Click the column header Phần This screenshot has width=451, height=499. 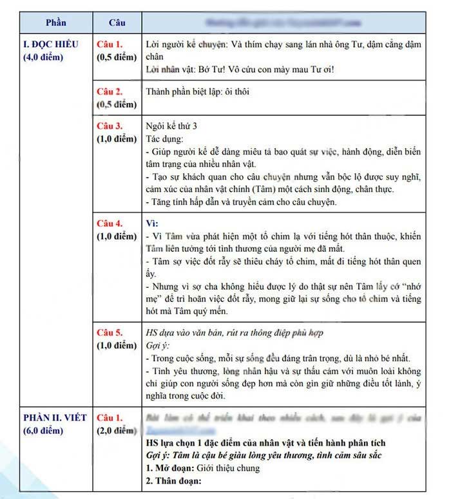pos(56,23)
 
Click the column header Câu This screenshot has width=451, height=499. pos(117,23)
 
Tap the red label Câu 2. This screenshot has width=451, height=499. pos(110,91)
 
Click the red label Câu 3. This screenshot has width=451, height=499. pos(110,126)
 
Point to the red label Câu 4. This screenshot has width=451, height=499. pos(110,223)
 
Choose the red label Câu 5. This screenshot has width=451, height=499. pos(110,333)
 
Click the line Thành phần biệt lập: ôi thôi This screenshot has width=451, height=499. pos(197,91)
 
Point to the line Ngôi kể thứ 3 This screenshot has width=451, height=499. pos(171,126)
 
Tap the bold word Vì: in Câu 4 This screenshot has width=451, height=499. pos(153,223)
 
